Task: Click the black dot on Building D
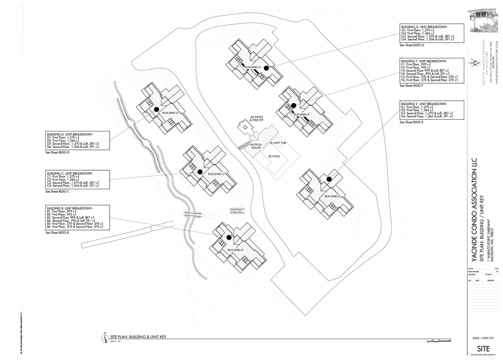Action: point(156,109)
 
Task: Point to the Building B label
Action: point(235,250)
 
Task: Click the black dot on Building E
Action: point(329,179)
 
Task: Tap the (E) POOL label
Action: point(274,156)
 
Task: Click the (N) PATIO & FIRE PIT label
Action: point(257,119)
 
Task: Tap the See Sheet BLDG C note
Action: point(57,191)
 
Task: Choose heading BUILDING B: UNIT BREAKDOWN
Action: point(69,208)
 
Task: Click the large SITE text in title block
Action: point(483,349)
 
